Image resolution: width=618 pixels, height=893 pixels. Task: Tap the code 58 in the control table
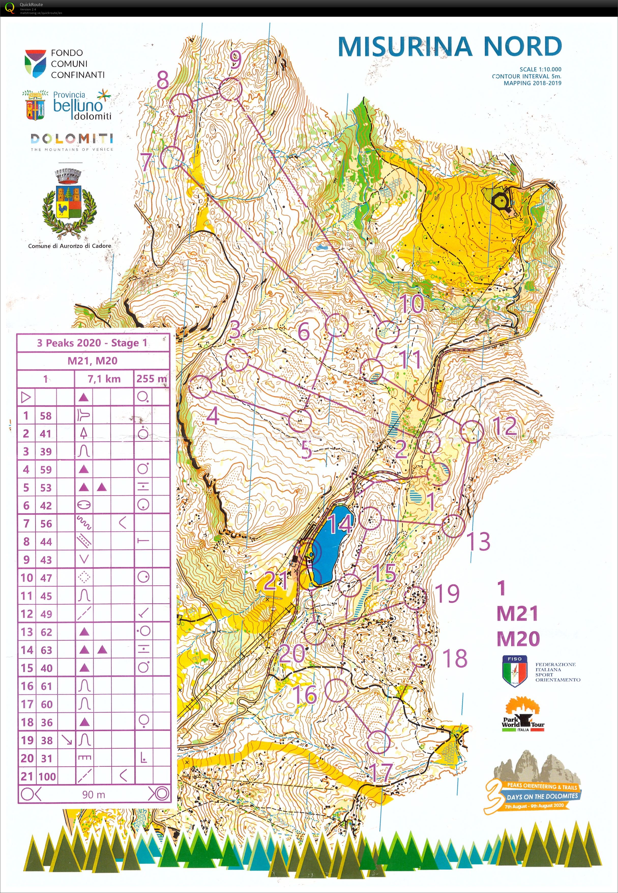coord(46,416)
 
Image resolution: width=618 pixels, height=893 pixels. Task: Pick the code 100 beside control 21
coord(47,776)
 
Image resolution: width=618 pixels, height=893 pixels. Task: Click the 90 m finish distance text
coord(93,795)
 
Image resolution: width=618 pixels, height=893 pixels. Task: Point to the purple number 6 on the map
coord(304,331)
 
